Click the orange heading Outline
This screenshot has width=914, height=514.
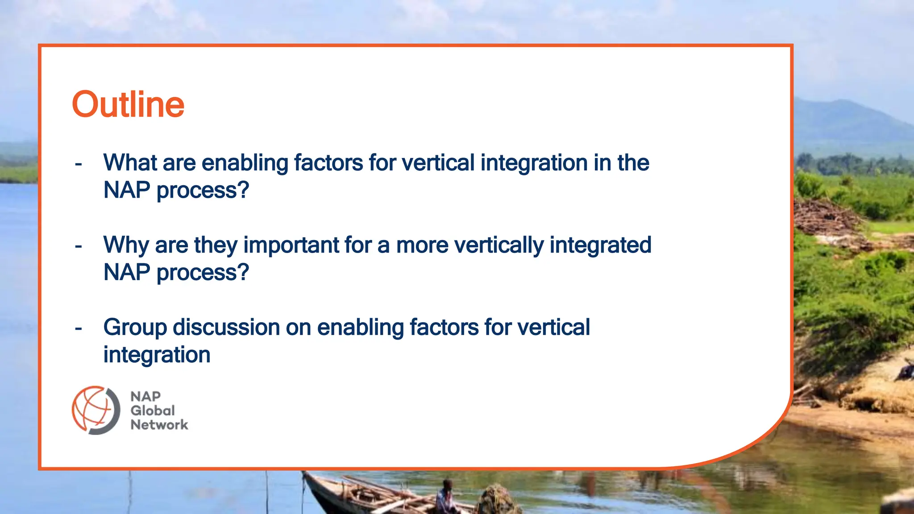coord(128,104)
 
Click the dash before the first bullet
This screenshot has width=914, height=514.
coord(79,164)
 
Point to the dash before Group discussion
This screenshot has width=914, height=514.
coord(79,329)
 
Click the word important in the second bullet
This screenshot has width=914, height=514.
coord(291,245)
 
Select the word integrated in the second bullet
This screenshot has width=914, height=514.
coord(600,245)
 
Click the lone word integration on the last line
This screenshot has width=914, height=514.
coord(157,355)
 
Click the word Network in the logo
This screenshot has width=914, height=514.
coord(159,425)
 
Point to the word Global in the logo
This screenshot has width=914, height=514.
coord(152,410)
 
